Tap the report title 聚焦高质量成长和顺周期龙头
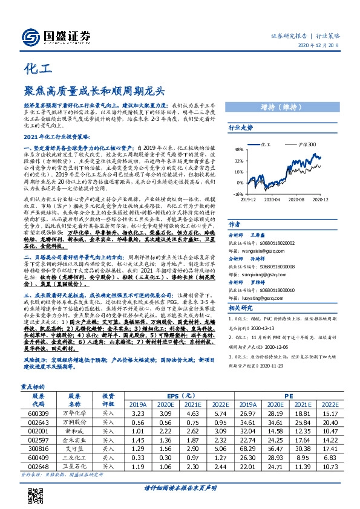click(x=94, y=91)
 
